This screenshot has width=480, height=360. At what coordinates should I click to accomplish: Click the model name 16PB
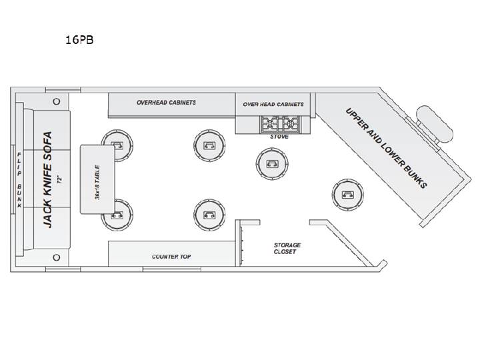[79, 40]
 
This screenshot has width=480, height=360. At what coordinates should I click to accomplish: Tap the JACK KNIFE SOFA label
[48, 180]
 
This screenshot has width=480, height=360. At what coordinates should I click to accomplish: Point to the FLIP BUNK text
[19, 180]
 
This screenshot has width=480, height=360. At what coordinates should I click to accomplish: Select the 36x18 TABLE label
[97, 183]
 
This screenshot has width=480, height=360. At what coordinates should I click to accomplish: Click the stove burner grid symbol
[279, 124]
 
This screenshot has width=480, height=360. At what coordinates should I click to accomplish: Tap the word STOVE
[279, 137]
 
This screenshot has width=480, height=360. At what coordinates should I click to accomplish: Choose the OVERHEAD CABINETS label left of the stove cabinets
[166, 103]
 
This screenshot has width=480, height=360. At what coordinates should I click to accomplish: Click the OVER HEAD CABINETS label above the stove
[273, 105]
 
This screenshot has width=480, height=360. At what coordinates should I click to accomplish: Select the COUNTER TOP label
[171, 257]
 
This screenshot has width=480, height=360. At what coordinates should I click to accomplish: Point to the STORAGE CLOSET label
[287, 248]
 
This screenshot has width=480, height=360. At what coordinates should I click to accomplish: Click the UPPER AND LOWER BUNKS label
[386, 148]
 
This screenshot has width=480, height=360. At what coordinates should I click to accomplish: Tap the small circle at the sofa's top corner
[56, 101]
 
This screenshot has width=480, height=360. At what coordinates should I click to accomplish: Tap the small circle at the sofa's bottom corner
[56, 257]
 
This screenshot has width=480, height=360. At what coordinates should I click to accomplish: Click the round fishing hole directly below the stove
[272, 164]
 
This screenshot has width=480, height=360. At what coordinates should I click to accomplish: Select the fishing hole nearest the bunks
[348, 195]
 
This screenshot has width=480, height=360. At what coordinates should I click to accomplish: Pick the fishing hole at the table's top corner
[117, 145]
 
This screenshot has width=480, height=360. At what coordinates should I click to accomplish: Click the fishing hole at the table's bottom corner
[117, 215]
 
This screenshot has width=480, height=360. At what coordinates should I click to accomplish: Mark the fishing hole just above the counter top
[209, 215]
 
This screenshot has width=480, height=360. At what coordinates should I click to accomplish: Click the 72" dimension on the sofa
[60, 179]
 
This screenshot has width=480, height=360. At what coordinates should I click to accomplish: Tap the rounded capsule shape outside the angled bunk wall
[435, 124]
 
